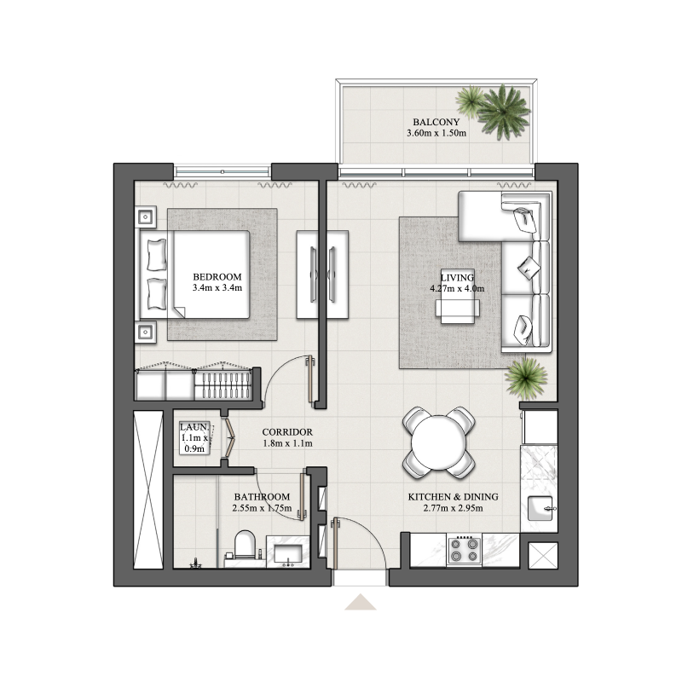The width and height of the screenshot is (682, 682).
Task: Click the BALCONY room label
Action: point(436,122)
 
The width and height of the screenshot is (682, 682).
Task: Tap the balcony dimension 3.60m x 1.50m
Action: point(436,134)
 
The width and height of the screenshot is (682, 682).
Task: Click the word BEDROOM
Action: point(217,277)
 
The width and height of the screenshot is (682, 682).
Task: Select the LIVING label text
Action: point(457,278)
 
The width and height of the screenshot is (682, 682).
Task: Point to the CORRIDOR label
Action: point(287,432)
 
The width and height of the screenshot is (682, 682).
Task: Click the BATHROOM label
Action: point(261,497)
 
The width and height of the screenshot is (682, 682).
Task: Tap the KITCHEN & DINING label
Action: point(453,497)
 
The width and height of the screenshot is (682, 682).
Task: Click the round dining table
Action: point(438,442)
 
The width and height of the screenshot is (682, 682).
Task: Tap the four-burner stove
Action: point(464,550)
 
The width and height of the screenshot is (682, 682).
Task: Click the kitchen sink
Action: point(540,509)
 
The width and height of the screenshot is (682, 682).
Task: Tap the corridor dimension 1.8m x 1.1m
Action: point(287,444)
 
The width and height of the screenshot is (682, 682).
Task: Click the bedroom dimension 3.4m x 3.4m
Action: point(217,289)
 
